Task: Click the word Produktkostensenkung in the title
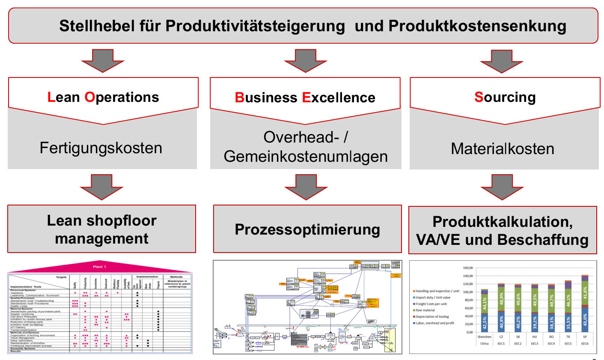point(477,26)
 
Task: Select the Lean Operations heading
point(103,97)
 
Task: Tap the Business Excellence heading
point(305,98)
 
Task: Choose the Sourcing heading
point(505,97)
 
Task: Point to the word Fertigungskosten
point(101,148)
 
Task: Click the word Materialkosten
point(502,149)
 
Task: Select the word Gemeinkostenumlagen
point(305,157)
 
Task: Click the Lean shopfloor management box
point(101,229)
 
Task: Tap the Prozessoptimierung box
point(307,229)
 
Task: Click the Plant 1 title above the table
point(99,267)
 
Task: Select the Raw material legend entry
point(425,310)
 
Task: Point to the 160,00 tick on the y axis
point(467,268)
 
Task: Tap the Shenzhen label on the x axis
point(484,337)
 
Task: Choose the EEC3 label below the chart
point(534,344)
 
